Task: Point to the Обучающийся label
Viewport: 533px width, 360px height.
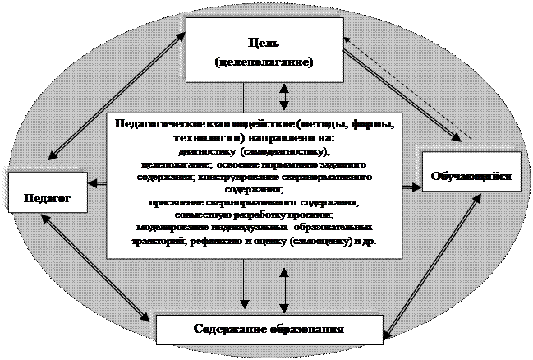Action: click(472, 177)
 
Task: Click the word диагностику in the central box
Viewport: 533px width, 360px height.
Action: click(203, 151)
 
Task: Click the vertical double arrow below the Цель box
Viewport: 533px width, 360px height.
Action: click(284, 95)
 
